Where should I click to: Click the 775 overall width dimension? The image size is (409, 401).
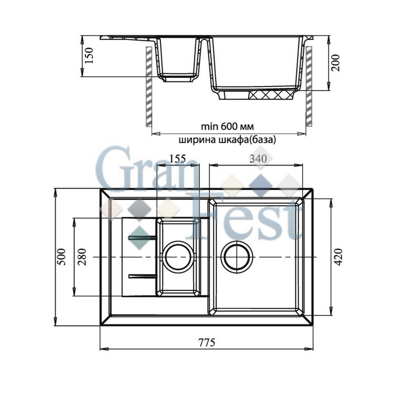206,342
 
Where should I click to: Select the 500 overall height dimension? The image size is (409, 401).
61,256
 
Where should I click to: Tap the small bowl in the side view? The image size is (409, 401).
177,60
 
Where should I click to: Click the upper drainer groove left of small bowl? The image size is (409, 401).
141,236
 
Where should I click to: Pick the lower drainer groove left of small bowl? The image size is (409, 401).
142,275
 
